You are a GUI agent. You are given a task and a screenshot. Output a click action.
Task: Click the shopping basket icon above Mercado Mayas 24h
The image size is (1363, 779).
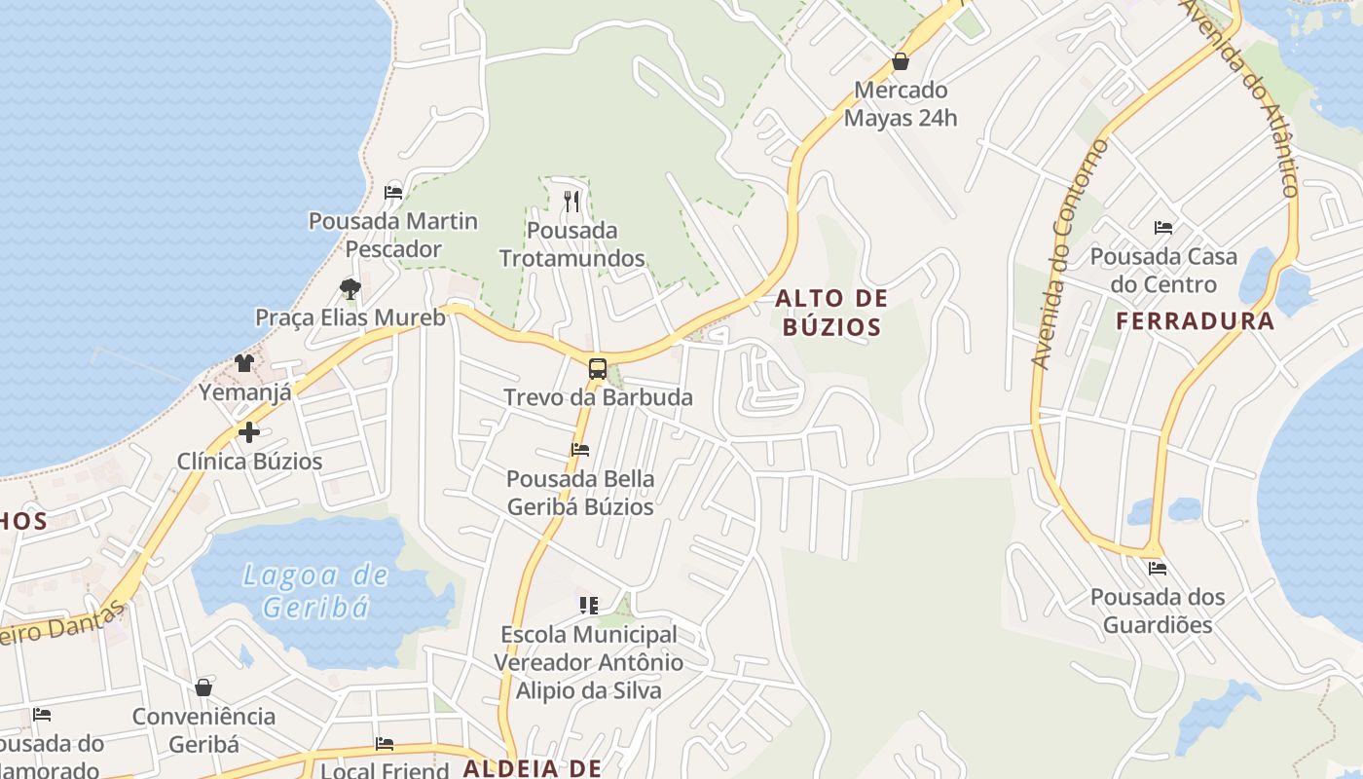[x=901, y=61]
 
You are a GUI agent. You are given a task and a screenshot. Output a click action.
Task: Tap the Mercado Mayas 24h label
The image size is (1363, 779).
[x=901, y=104]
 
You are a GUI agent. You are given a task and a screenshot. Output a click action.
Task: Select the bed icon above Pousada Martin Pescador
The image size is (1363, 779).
[x=393, y=192]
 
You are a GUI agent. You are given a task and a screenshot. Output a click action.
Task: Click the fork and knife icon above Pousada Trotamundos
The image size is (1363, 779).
[x=571, y=202]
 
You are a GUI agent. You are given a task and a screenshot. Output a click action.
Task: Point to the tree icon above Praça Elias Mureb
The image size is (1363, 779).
[x=350, y=288]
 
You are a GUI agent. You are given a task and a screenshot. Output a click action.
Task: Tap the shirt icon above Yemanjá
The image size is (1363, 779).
[x=243, y=363]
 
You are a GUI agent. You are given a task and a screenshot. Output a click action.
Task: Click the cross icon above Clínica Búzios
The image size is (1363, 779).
[x=249, y=431]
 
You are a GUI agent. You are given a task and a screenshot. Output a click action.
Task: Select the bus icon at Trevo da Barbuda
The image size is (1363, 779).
[x=598, y=369]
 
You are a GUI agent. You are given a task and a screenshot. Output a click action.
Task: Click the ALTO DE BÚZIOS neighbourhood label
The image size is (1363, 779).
[x=832, y=312]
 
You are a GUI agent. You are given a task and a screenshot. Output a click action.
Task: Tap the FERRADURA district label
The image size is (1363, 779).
[x=1195, y=321]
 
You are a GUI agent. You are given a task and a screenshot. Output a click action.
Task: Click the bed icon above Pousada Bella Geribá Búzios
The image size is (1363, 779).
[x=580, y=450]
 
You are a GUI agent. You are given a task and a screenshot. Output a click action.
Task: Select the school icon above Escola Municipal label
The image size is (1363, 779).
[x=588, y=606]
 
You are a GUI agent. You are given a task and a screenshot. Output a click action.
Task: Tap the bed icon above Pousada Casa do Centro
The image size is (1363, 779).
[x=1163, y=228]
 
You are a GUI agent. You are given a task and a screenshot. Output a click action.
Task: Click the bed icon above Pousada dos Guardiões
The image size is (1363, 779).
[x=1158, y=568]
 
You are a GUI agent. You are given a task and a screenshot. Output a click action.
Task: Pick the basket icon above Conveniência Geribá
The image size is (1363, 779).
[x=203, y=687]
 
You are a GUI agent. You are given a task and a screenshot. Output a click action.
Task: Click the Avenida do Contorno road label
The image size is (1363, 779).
[x=1069, y=253]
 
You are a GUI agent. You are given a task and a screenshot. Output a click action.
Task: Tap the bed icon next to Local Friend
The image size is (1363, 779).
[x=385, y=744]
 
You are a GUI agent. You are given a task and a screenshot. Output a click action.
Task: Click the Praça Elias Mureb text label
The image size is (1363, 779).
[x=350, y=317]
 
